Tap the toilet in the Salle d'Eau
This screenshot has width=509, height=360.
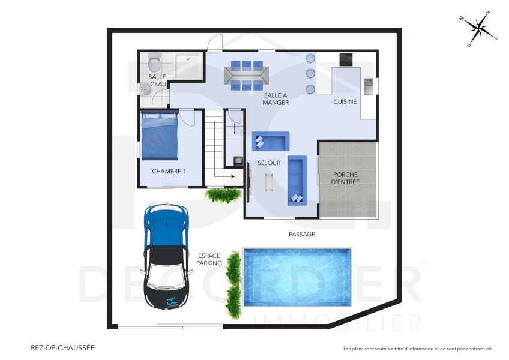point(154,62)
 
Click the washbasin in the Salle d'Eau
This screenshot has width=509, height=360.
point(146,89)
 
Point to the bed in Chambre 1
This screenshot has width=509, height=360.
point(160,136)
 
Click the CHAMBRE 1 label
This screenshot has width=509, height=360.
point(169,171)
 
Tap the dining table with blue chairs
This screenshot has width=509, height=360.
point(245,76)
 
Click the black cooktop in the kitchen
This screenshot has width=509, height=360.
point(347,59)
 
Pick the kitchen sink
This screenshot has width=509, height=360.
point(369,83)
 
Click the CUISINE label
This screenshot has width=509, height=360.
point(345,101)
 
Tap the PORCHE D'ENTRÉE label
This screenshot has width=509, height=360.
point(347,178)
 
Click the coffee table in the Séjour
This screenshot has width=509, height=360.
point(268,181)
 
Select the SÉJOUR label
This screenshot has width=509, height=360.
point(269,163)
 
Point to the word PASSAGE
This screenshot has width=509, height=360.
point(301,234)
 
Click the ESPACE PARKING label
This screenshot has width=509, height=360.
point(209,259)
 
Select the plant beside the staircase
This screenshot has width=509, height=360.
point(223,194)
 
